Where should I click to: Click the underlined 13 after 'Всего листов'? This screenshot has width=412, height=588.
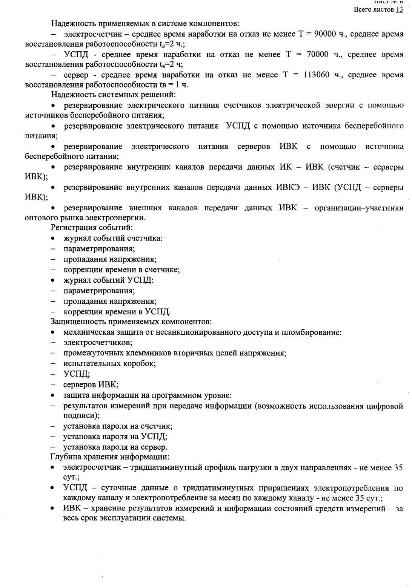400,9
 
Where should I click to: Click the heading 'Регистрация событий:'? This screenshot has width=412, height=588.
92,228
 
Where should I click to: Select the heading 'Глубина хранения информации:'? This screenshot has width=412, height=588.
110,457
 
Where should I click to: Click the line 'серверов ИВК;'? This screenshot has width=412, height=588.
91,385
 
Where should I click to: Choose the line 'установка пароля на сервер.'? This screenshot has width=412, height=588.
115,447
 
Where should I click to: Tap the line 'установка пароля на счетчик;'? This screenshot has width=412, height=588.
118,426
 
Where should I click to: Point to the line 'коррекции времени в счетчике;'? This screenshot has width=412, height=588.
121,270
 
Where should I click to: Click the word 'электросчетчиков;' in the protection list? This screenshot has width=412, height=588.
98,343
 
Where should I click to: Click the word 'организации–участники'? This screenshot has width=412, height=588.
359,208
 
